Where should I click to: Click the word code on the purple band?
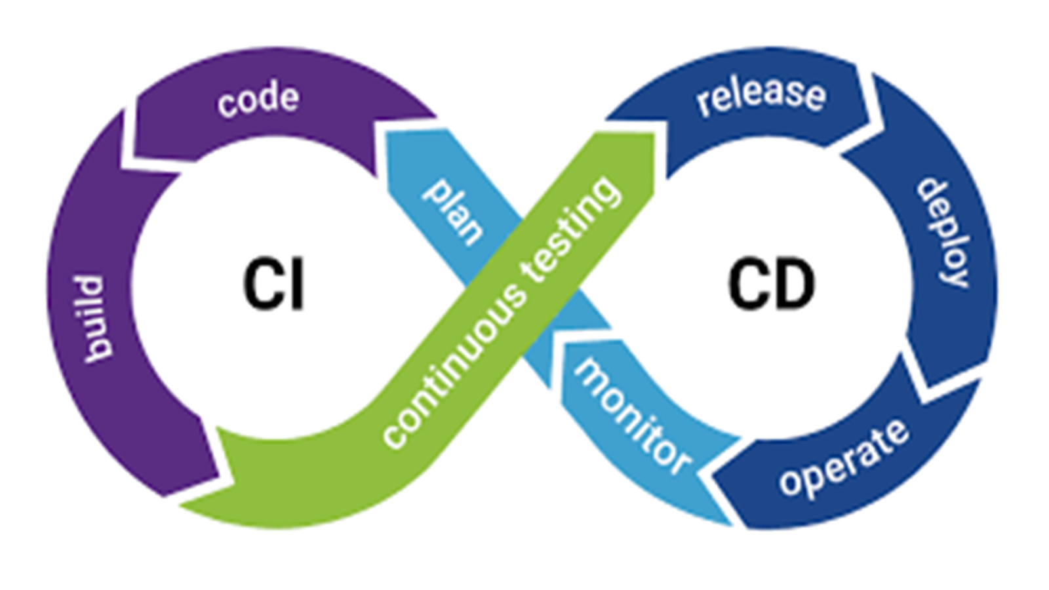coord(258,100)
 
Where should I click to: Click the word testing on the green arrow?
coord(570,229)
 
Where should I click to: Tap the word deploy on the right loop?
coord(944,233)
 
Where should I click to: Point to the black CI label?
coord(273,285)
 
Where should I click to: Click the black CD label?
coord(771,285)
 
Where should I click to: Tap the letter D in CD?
coord(795,285)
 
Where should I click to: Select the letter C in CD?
coord(748,285)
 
